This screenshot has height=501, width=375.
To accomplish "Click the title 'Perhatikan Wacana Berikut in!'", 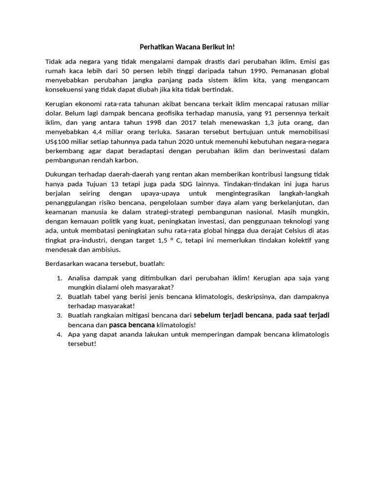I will [187, 47].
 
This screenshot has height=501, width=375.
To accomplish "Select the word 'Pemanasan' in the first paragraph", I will [292, 71].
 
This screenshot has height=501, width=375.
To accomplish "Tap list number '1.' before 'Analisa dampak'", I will [59, 278].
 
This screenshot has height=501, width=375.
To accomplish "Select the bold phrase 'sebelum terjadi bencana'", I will [232, 315].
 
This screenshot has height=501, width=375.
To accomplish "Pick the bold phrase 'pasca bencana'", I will [132, 325].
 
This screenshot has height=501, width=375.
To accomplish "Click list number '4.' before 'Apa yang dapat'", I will [59, 334].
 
